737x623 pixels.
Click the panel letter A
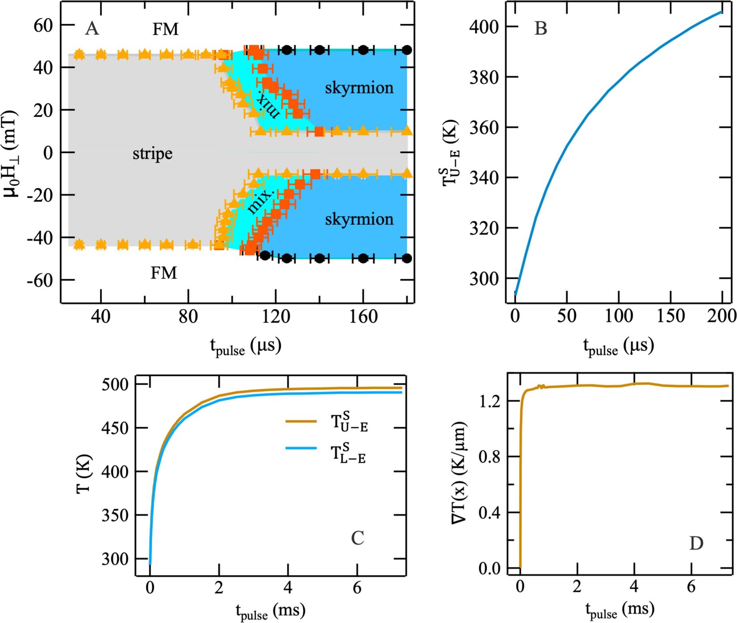pyautogui.click(x=92, y=29)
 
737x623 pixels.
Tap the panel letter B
pyautogui.click(x=541, y=29)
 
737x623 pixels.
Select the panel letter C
pyautogui.click(x=357, y=538)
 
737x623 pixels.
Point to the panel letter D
pyautogui.click(x=696, y=543)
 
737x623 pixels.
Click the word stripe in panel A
pyautogui.click(x=153, y=154)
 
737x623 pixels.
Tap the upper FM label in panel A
pyautogui.click(x=165, y=29)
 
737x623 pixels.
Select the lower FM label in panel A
pyautogui.click(x=163, y=273)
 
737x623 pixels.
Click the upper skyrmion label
pyautogui.click(x=359, y=88)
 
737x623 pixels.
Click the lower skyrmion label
pyautogui.click(x=359, y=219)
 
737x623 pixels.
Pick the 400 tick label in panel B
pyautogui.click(x=483, y=27)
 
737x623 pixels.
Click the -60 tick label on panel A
pyautogui.click(x=40, y=281)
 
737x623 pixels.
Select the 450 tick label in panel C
pyautogui.click(x=115, y=428)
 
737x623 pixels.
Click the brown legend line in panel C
pyautogui.click(x=301, y=421)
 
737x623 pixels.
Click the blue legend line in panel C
pyautogui.click(x=301, y=448)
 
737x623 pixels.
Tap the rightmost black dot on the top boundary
pyautogui.click(x=406, y=50)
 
